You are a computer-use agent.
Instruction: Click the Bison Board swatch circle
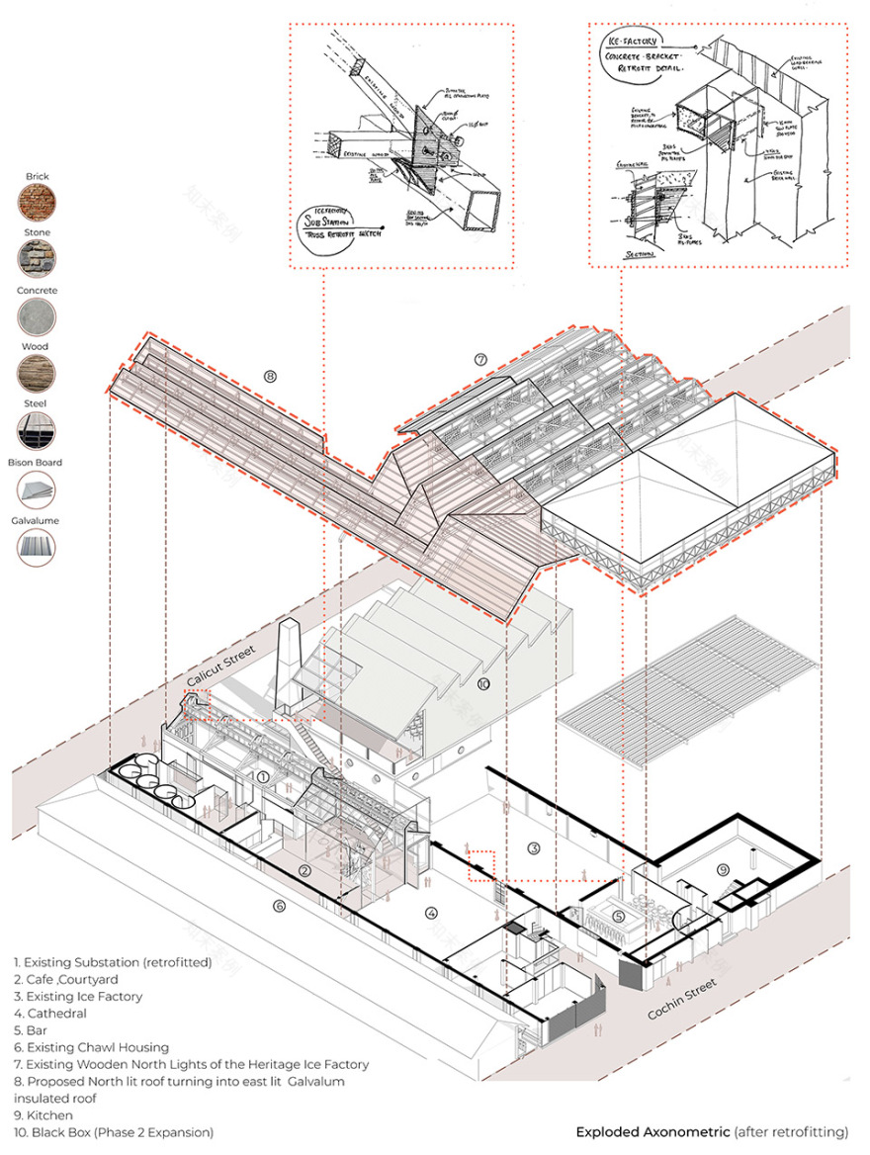click(37, 489)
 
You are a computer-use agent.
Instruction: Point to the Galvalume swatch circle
click(37, 546)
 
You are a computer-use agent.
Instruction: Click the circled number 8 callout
click(270, 376)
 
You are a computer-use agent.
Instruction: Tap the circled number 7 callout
click(481, 359)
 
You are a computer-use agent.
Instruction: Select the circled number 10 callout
click(483, 684)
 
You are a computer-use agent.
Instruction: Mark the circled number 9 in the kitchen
click(724, 869)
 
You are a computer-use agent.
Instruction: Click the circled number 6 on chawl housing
click(279, 905)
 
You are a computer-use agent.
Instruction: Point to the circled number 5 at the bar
click(617, 916)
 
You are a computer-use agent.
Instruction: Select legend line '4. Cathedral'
click(50, 1013)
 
